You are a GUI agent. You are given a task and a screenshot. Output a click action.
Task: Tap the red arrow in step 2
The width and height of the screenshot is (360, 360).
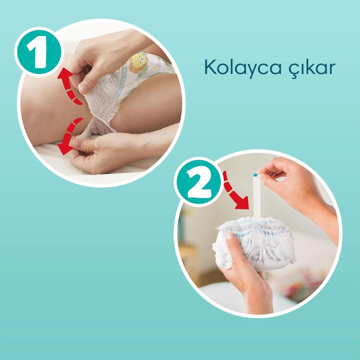(x=234, y=193)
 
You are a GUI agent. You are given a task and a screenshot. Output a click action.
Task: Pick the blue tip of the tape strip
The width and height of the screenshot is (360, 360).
(x=256, y=175)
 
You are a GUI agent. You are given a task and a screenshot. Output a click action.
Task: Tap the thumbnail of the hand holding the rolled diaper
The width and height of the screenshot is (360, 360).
(x=230, y=236)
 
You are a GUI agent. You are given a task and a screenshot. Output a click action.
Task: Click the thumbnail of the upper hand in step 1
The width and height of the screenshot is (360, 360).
(x=84, y=89)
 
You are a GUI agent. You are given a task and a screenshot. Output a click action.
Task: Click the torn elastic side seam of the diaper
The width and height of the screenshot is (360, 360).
(x=99, y=108)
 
